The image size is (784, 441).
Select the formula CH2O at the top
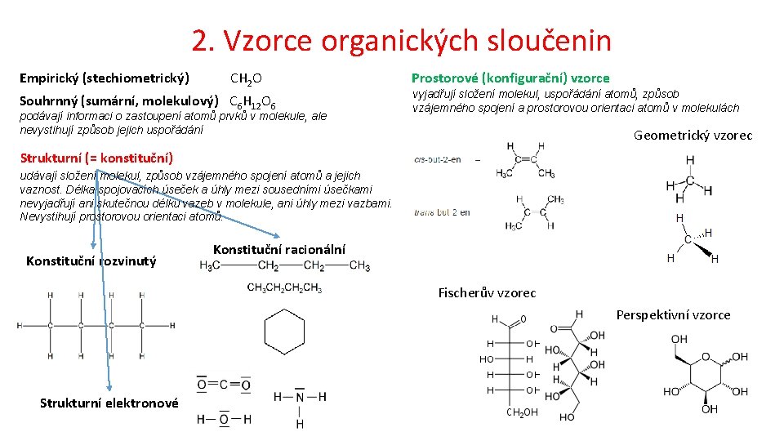click(246, 78)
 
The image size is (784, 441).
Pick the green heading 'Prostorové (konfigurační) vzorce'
click(510, 78)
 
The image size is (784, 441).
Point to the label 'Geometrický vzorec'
click(693, 136)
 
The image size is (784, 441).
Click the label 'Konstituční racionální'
click(278, 249)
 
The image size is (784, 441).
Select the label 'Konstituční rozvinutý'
click(91, 261)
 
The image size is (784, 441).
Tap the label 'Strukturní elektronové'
click(109, 403)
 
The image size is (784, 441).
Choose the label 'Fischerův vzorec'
click(487, 292)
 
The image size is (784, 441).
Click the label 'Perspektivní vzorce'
click(673, 314)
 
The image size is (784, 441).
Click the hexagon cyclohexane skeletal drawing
click(284, 333)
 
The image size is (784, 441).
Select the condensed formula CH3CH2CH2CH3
click(284, 287)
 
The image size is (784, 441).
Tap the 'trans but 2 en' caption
click(442, 212)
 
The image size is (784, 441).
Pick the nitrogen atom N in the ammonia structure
click(300, 397)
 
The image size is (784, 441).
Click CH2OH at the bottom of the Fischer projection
click(521, 412)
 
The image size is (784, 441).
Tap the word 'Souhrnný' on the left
click(48, 101)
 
